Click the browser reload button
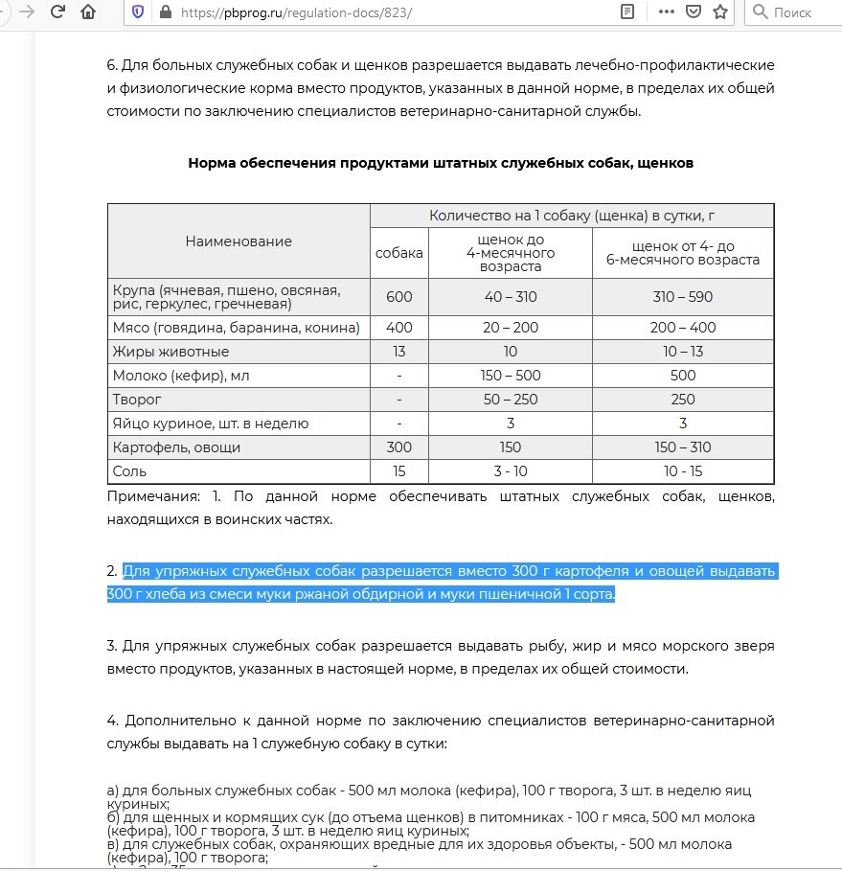tap(57, 12)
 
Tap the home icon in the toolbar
tap(88, 12)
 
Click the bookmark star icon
tap(720, 12)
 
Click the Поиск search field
tap(791, 12)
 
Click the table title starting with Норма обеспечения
tap(441, 163)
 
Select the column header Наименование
tap(239, 241)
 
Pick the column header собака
tap(399, 253)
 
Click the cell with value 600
tap(399, 297)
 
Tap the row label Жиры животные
tap(171, 352)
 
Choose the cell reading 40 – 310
tap(511, 297)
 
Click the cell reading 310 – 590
tap(682, 297)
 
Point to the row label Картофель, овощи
tap(176, 447)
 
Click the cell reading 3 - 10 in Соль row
tap(511, 471)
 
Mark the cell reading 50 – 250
tap(511, 400)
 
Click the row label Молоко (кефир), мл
tap(180, 376)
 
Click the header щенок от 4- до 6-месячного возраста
tap(682, 253)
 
